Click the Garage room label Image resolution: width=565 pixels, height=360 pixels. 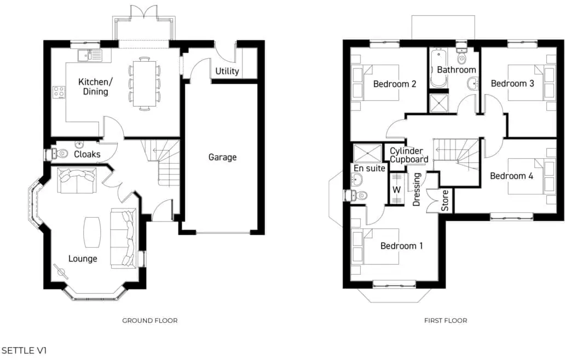(x=222, y=158)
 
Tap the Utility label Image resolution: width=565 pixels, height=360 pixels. (x=227, y=71)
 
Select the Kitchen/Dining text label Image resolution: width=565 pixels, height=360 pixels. (x=95, y=87)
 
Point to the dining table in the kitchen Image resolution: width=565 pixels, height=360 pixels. (x=145, y=84)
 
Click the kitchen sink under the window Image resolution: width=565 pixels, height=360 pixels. (x=89, y=54)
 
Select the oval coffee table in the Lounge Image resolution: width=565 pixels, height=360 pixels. (x=92, y=231)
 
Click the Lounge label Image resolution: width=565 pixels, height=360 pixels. (x=83, y=259)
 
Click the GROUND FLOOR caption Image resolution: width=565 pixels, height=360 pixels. (x=149, y=321)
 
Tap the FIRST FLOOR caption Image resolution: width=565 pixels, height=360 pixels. (x=446, y=321)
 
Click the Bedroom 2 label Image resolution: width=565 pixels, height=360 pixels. (x=395, y=84)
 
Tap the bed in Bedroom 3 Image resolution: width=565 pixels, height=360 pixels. (x=527, y=83)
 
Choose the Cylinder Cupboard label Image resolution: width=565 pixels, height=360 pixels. (x=409, y=155)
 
